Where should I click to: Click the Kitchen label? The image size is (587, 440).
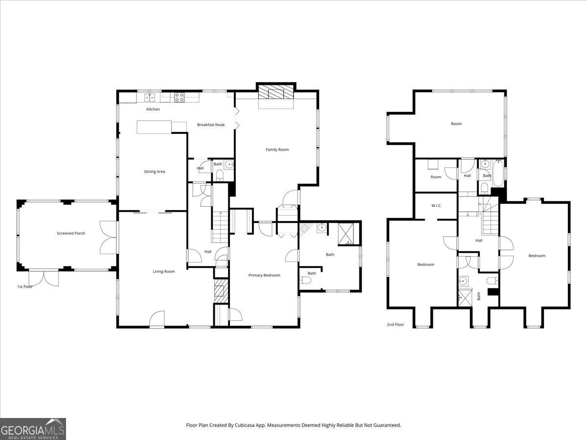pyautogui.click(x=153, y=109)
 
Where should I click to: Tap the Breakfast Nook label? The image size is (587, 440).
pyautogui.click(x=211, y=125)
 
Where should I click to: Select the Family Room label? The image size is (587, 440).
pyautogui.click(x=277, y=150)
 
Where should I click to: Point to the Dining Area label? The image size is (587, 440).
pyautogui.click(x=155, y=172)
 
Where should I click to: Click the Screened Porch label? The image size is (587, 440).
pyautogui.click(x=71, y=233)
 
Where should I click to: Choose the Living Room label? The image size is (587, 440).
pyautogui.click(x=164, y=271)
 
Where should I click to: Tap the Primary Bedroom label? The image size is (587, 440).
pyautogui.click(x=264, y=275)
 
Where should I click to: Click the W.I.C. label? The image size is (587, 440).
pyautogui.click(x=436, y=206)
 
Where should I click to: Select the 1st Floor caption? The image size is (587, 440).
pyautogui.click(x=25, y=286)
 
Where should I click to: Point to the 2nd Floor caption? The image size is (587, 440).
pyautogui.click(x=395, y=324)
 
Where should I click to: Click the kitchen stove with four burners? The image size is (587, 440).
pyautogui.click(x=179, y=97)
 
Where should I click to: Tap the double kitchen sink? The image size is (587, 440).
pyautogui.click(x=150, y=97)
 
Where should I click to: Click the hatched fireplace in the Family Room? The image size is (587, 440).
pyautogui.click(x=276, y=91)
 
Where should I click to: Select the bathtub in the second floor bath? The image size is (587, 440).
pyautogui.click(x=497, y=173)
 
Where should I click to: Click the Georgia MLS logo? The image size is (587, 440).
pyautogui.click(x=33, y=429)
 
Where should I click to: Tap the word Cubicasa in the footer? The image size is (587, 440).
pyautogui.click(x=245, y=425)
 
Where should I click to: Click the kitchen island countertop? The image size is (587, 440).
pyautogui.click(x=154, y=127)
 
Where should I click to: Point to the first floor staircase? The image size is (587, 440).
pyautogui.click(x=220, y=227)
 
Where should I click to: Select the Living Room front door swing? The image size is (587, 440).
pyautogui.click(x=157, y=318)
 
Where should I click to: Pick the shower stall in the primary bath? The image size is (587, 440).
pyautogui.click(x=346, y=234)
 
